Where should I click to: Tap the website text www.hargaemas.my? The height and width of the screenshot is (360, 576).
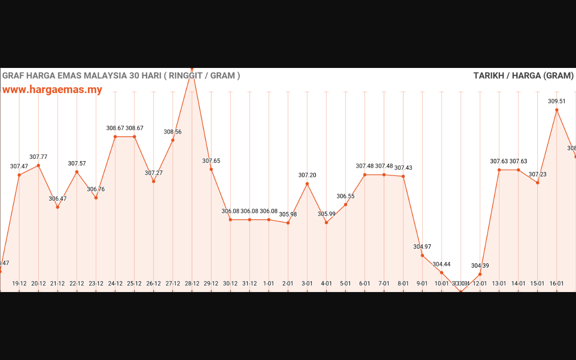pyautogui.click(x=52, y=90)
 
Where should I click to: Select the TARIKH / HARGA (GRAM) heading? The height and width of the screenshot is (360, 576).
pyautogui.click(x=523, y=76)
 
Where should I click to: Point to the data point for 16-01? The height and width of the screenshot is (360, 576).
pyautogui.click(x=557, y=110)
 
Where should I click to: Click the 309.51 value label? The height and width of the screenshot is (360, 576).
pyautogui.click(x=557, y=101)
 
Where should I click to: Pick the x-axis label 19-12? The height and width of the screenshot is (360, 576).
pyautogui.click(x=19, y=283)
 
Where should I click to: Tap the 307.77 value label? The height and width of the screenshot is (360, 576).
pyautogui.click(x=38, y=157)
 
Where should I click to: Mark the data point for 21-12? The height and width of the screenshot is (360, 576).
pyautogui.click(x=58, y=207)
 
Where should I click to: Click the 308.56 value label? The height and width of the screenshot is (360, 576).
pyautogui.click(x=173, y=132)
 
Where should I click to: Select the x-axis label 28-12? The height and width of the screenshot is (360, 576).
pyautogui.click(x=192, y=283)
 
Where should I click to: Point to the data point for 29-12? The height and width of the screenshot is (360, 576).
pyautogui.click(x=211, y=169)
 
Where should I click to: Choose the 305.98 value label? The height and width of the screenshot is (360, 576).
pyautogui.click(x=288, y=214)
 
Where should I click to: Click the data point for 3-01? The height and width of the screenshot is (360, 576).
pyautogui.click(x=307, y=184)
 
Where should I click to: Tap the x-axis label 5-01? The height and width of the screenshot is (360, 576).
pyautogui.click(x=346, y=283)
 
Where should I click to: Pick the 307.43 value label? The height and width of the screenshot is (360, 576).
pyautogui.click(x=403, y=168)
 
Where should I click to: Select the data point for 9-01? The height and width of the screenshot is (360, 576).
pyautogui.click(x=422, y=256)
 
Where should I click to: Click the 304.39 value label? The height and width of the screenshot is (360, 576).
pyautogui.click(x=480, y=265)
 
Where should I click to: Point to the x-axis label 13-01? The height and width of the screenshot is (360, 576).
pyautogui.click(x=499, y=283)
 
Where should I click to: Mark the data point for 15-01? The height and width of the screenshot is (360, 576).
pyautogui.click(x=537, y=183)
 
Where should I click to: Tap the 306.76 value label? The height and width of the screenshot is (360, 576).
pyautogui.click(x=96, y=189)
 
